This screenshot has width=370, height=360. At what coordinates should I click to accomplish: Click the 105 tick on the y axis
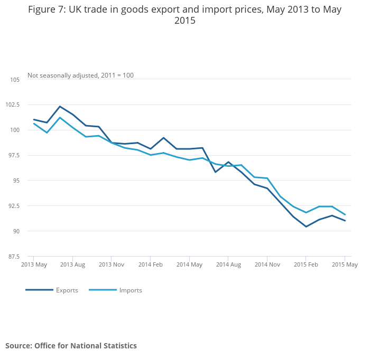15,80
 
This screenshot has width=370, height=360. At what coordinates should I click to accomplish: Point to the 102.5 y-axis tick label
12,105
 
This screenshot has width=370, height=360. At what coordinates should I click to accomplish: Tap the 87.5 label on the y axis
13,257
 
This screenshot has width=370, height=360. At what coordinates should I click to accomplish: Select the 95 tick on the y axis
16,181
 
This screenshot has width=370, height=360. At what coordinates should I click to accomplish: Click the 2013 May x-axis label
34,264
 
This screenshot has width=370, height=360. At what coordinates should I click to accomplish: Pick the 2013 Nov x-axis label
112,264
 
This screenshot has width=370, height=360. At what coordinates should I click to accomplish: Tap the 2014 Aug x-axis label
228,264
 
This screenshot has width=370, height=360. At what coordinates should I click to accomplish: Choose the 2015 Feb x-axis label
306,264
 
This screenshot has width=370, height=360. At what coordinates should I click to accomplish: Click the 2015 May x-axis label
345,264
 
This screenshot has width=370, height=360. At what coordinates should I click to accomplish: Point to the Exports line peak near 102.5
60,106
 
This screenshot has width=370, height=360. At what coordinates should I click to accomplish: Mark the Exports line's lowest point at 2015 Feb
306,226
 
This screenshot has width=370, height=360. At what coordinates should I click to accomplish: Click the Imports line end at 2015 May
345,215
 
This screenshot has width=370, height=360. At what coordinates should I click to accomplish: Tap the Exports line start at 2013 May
34,120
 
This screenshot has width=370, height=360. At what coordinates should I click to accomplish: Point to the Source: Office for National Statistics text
71,346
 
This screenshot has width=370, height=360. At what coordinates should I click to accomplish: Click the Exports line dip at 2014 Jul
215,172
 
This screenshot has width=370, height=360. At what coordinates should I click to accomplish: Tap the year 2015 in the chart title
184,21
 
